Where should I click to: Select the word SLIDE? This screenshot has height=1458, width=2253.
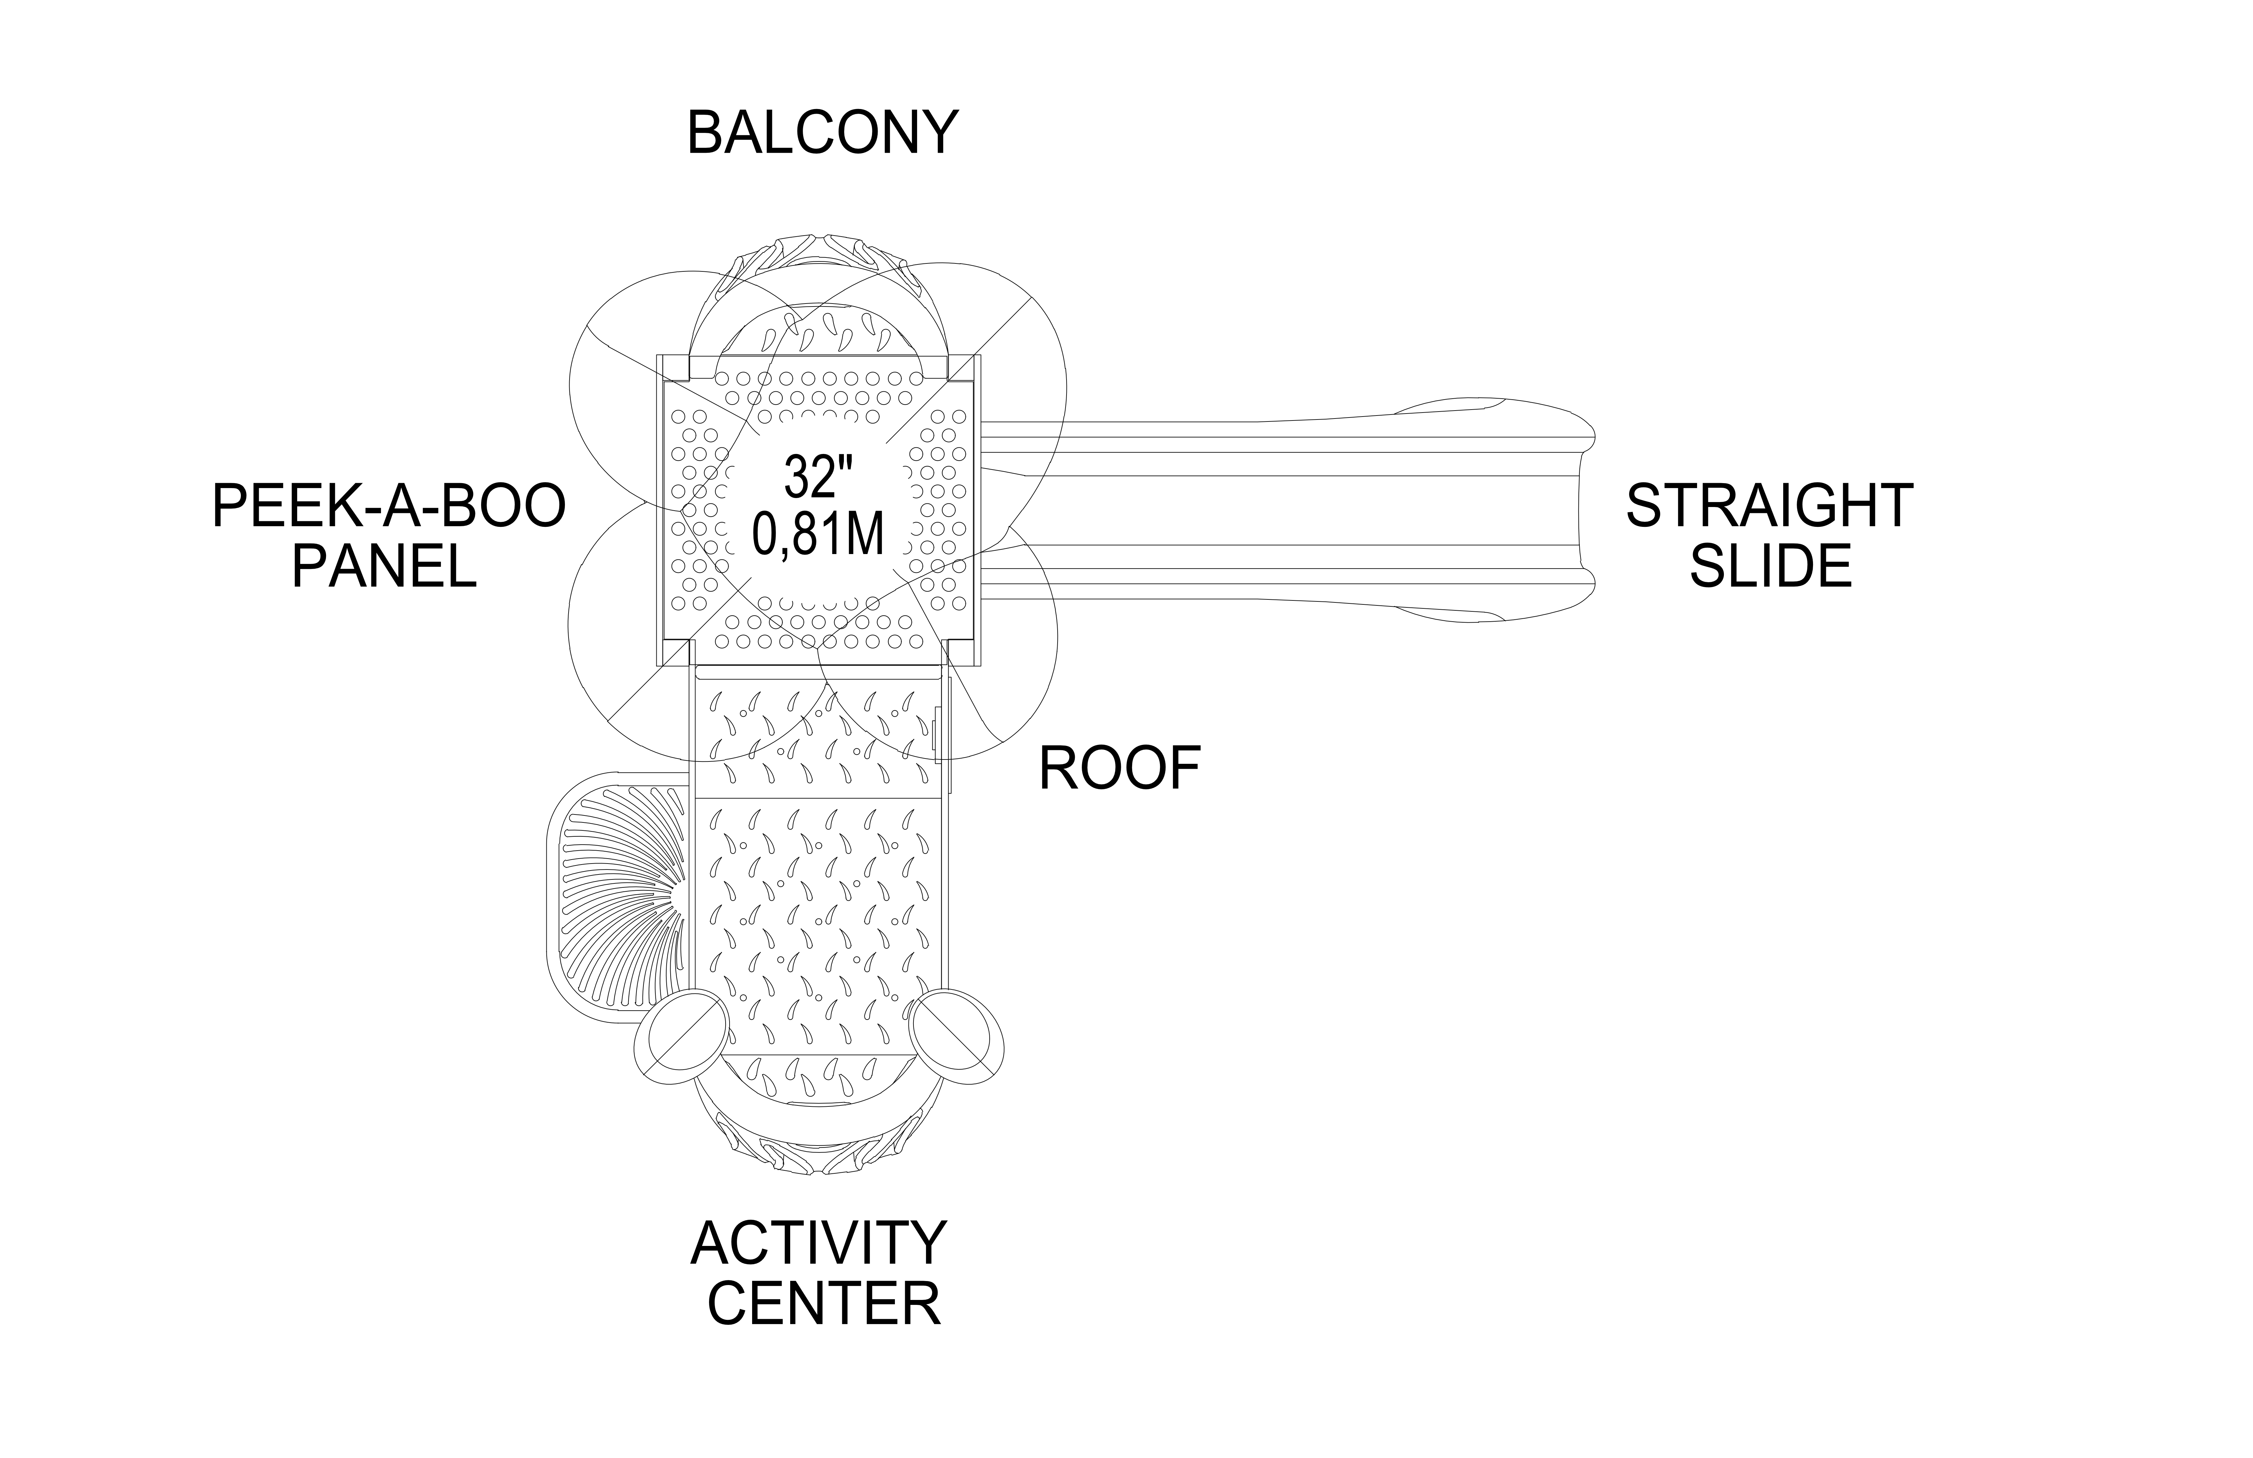click(1770, 566)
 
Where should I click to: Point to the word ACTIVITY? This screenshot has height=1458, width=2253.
click(819, 1243)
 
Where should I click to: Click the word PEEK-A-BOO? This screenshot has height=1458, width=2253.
click(388, 507)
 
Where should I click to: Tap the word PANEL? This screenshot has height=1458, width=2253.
click(383, 566)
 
